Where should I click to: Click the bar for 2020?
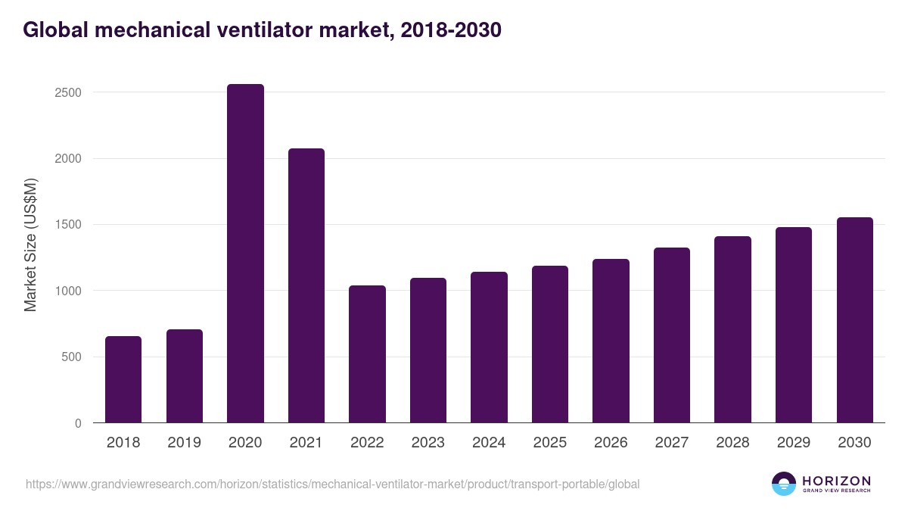tap(245, 254)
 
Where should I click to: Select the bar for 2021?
tap(306, 285)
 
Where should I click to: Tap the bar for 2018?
tap(123, 379)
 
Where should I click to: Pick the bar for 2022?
tap(367, 354)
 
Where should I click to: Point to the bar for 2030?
tap(855, 320)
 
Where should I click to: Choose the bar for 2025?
tap(550, 344)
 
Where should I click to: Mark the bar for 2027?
tap(672, 335)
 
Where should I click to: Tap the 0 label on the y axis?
tap(78, 423)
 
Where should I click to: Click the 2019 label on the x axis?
tap(185, 443)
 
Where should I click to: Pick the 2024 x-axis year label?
tap(489, 443)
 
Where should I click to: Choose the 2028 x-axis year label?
tap(732, 443)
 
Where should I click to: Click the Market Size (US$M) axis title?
tap(30, 244)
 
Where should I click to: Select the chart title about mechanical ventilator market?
tap(262, 30)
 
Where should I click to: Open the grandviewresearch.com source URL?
tap(333, 484)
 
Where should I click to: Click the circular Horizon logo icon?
tap(783, 484)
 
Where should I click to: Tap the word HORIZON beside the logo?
tap(835, 480)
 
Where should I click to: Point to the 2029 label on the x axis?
tap(794, 443)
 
